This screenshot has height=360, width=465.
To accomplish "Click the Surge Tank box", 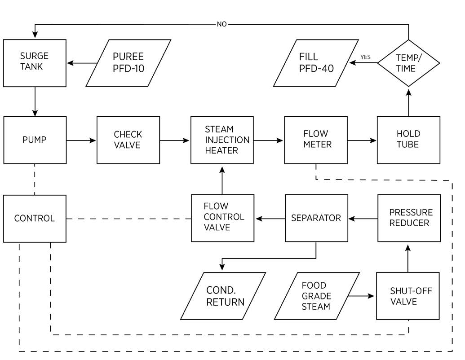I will click(35, 63).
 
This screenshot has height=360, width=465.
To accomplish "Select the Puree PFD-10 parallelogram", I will click(128, 63).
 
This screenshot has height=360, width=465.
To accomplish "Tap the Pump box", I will click(35, 140).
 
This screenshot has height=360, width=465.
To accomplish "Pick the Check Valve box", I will click(128, 140).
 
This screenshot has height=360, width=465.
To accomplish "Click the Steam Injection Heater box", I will click(222, 140).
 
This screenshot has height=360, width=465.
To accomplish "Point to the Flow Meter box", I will click(316, 139).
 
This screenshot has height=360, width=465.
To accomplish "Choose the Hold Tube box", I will click(408, 140).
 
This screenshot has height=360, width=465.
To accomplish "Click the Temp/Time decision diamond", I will click(408, 63).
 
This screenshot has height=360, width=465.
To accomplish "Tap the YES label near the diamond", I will click(365, 57).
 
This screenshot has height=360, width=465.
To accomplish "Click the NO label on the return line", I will click(222, 24).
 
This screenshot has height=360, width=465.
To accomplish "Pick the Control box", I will click(35, 219).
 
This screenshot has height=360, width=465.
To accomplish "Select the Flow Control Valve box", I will click(222, 218).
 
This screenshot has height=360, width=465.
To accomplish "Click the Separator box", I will click(316, 218).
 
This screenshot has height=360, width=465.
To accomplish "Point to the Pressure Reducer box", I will click(408, 218).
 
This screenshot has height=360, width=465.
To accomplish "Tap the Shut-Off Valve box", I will click(408, 296).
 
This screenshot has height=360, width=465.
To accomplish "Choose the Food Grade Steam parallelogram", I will click(317, 296).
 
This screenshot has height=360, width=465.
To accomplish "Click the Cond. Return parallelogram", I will click(223, 296).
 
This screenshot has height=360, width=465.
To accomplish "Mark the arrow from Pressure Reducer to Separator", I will click(363, 219).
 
